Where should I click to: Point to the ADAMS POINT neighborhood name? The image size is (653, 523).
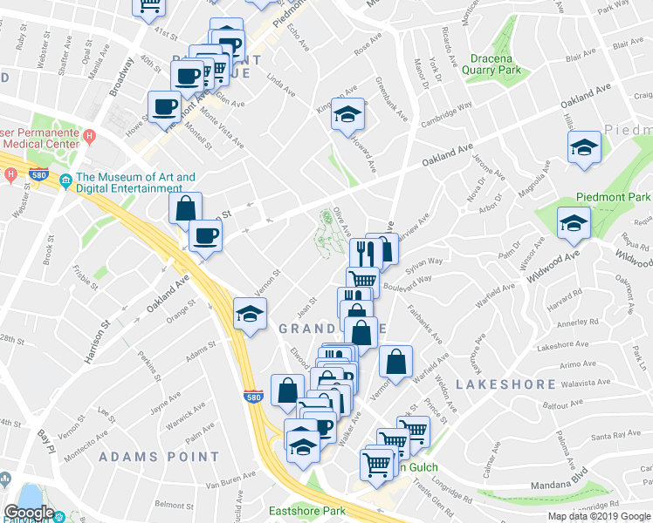coord(159,456)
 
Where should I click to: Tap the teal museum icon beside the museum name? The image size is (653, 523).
coord(65,182)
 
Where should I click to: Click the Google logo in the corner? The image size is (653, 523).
coord(29,513)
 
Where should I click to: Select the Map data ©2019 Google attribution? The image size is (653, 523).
coord(598,516)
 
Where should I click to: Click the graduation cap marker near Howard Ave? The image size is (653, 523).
coord(347,114)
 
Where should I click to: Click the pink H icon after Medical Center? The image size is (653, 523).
coord(89,137)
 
